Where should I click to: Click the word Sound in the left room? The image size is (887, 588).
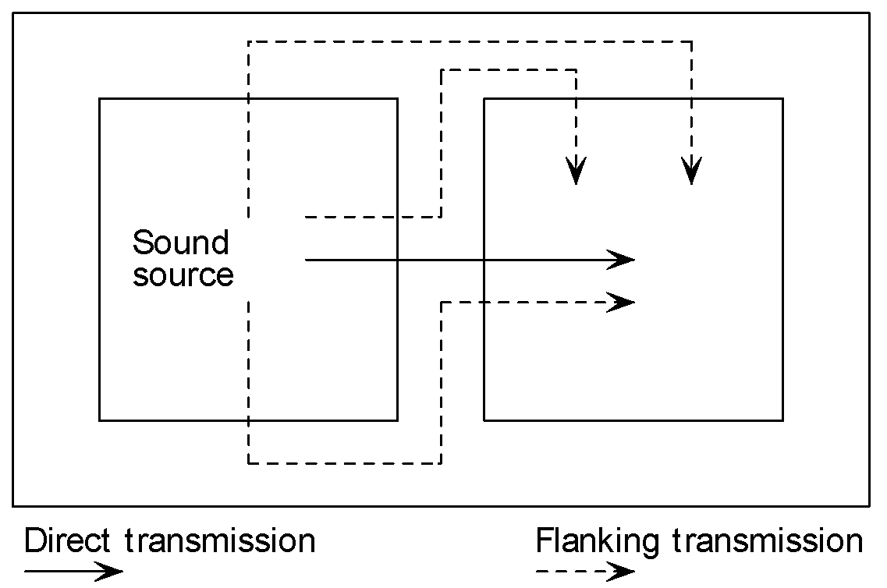click(x=180, y=243)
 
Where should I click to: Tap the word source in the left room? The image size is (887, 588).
click(x=183, y=275)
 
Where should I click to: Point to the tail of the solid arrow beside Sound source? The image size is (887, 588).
click(x=307, y=260)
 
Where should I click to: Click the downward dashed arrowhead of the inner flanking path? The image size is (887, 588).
click(x=576, y=171)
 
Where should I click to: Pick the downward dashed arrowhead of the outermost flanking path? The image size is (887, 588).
click(x=691, y=171)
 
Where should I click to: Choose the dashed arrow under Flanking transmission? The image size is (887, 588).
click(x=585, y=572)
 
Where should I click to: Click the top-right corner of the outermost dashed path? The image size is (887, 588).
click(x=691, y=41)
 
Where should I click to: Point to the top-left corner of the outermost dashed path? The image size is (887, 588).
click(x=248, y=41)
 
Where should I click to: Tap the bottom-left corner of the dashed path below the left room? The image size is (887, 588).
click(x=248, y=463)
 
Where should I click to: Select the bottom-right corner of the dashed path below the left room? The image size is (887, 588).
click(x=442, y=463)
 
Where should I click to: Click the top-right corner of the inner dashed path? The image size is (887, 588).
click(x=576, y=70)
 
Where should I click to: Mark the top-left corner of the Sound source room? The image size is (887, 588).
click(x=100, y=99)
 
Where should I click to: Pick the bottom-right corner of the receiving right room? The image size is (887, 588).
click(x=782, y=420)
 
